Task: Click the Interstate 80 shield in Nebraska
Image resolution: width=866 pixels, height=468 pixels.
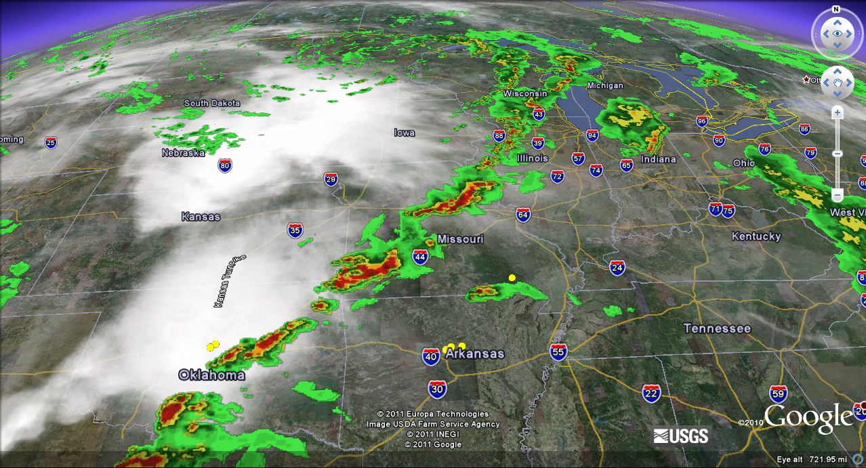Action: point(225,165)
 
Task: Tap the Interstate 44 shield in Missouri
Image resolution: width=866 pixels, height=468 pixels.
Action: point(420,256)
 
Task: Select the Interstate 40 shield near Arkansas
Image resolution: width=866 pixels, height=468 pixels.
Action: point(431,357)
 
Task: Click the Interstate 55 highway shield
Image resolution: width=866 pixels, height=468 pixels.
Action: point(558,352)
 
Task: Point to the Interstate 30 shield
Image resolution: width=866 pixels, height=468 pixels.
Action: point(437,389)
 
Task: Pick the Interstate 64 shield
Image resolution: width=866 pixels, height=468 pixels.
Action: point(522,215)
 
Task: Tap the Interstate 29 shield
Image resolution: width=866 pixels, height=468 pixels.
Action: point(331,179)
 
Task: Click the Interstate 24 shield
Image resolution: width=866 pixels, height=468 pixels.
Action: point(617,268)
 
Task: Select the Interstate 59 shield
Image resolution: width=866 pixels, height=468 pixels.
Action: point(779,393)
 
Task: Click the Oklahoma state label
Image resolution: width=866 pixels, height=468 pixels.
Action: point(211,375)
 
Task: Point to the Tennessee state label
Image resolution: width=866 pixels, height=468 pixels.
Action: point(717,328)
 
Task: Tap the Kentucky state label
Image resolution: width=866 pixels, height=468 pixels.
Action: point(756,236)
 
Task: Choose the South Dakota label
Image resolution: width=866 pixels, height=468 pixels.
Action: point(212,103)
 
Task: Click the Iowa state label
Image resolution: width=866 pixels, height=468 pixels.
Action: point(405,133)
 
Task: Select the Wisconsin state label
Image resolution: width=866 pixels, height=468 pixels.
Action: point(524,93)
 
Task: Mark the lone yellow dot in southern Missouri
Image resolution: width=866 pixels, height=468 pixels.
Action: point(512,278)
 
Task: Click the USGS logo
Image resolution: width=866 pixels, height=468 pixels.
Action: point(681,435)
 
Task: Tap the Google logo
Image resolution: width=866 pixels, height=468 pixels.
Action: point(808,418)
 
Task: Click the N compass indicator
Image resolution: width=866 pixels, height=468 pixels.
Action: point(836,9)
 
